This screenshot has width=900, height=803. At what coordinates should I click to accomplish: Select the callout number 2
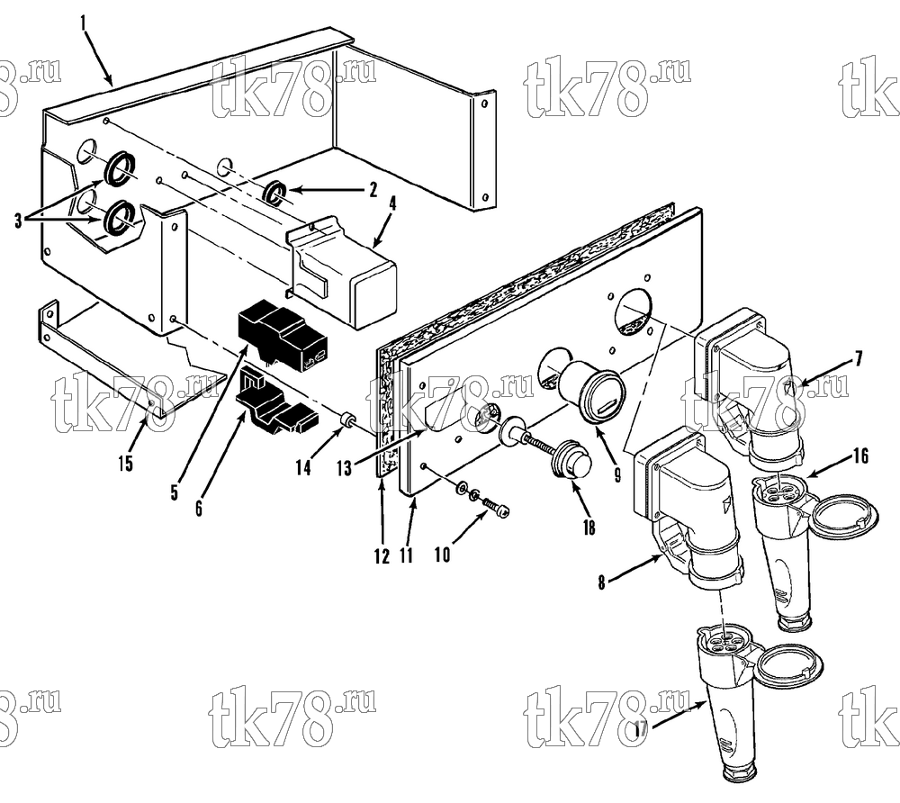coord(373,189)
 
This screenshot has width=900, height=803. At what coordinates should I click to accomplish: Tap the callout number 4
coord(392,203)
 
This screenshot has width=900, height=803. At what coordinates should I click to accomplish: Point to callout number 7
coord(858,359)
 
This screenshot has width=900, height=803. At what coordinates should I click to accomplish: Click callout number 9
coord(617,474)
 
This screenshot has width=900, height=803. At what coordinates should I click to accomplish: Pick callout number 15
coord(126,463)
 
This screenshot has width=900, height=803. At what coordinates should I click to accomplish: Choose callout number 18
coord(589,527)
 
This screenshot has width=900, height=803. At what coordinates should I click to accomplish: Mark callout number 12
coord(382,555)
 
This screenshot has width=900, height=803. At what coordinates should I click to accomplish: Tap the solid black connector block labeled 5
coord(283,334)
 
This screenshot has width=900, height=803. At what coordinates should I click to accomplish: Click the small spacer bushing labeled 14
coord(347,420)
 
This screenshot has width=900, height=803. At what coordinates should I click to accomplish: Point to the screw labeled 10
coord(497,507)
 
